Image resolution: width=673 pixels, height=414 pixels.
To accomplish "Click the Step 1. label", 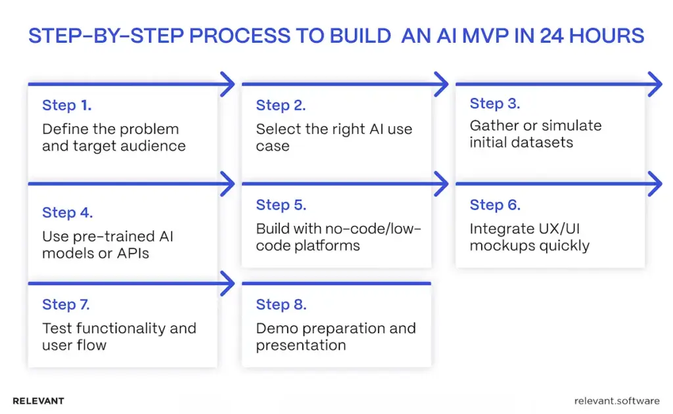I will coord(66,105).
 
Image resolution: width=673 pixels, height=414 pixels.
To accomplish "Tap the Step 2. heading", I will coord(281,105).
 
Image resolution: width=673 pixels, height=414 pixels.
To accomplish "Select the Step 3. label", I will coord(494,103).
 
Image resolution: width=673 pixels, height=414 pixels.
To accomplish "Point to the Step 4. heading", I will coord(67,212).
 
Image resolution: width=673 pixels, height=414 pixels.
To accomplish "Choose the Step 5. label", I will coord(281,205).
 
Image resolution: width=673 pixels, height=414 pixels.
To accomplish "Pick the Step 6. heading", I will coord(494,205).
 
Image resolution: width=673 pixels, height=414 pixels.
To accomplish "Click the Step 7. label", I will coord(66,304).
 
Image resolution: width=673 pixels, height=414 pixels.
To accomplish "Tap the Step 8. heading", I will coord(281,304).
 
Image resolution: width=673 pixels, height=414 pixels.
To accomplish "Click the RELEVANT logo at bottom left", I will coord(38,400).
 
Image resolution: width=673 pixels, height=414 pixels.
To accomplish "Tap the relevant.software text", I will coord(616,400).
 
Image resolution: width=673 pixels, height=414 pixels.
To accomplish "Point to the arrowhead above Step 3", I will coord(655,84).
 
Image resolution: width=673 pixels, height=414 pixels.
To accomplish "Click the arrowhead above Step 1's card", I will coord(227,84).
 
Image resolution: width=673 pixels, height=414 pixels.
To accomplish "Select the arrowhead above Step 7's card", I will coord(227,284).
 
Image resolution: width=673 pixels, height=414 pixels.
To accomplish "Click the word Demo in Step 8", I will coord(276,328).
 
